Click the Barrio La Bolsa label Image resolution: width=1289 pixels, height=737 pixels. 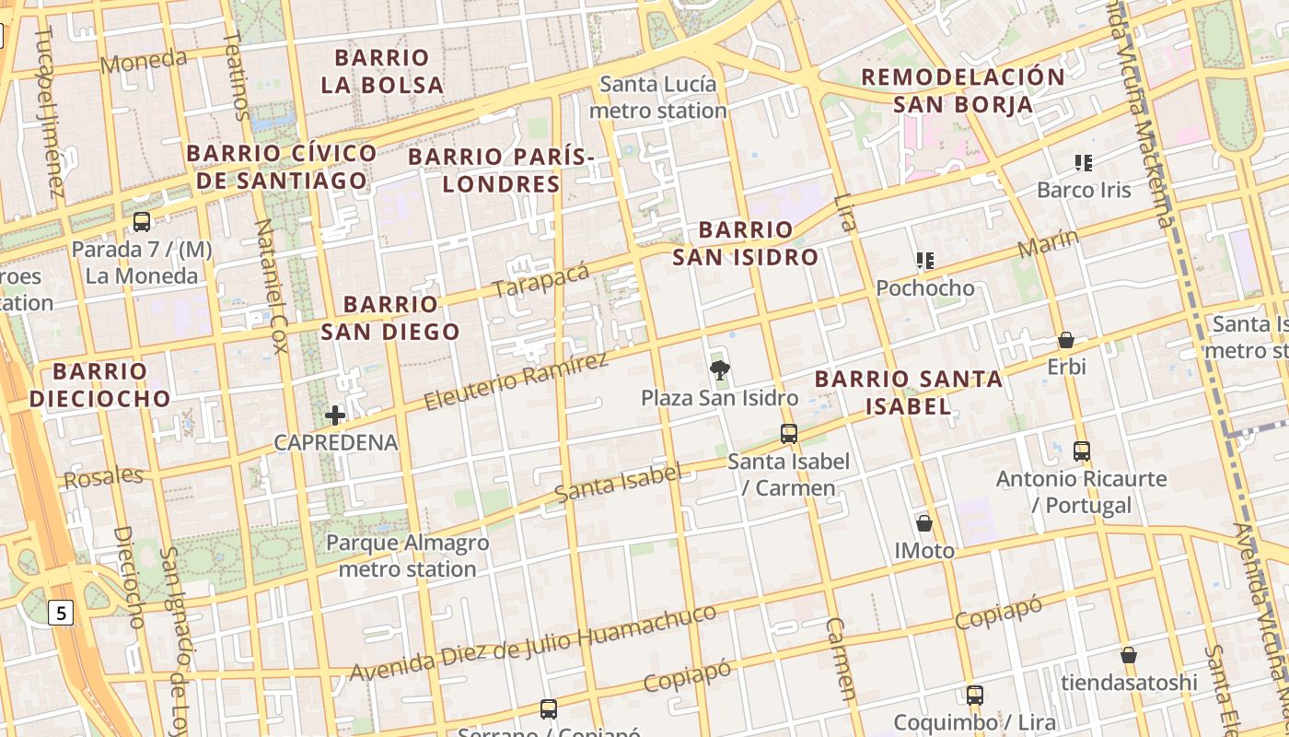382,71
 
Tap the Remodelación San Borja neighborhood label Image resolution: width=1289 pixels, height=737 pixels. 962,90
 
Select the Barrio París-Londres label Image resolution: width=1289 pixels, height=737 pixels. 502,170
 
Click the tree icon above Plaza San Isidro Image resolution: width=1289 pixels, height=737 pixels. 719,370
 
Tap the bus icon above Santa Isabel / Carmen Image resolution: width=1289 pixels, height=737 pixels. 788,433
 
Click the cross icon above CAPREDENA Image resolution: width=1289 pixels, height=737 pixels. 335,415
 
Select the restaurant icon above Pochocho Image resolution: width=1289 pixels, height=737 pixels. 925,261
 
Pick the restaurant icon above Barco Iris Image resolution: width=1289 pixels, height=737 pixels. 1084,163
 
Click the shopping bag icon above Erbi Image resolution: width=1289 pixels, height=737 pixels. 1066,340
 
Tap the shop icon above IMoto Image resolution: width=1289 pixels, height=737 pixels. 924,523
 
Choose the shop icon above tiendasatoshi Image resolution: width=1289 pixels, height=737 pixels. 1129,655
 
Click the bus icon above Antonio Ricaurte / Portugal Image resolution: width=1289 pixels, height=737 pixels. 1082,451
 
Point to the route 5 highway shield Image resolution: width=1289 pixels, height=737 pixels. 61,613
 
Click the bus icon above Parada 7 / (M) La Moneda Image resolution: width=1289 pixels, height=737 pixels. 141,221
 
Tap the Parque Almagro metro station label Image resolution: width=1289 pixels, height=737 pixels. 407,556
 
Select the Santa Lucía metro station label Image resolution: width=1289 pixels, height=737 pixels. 657,98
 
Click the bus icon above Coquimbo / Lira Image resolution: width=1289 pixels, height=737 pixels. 974,696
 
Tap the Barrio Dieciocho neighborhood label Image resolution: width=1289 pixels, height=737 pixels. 99,385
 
